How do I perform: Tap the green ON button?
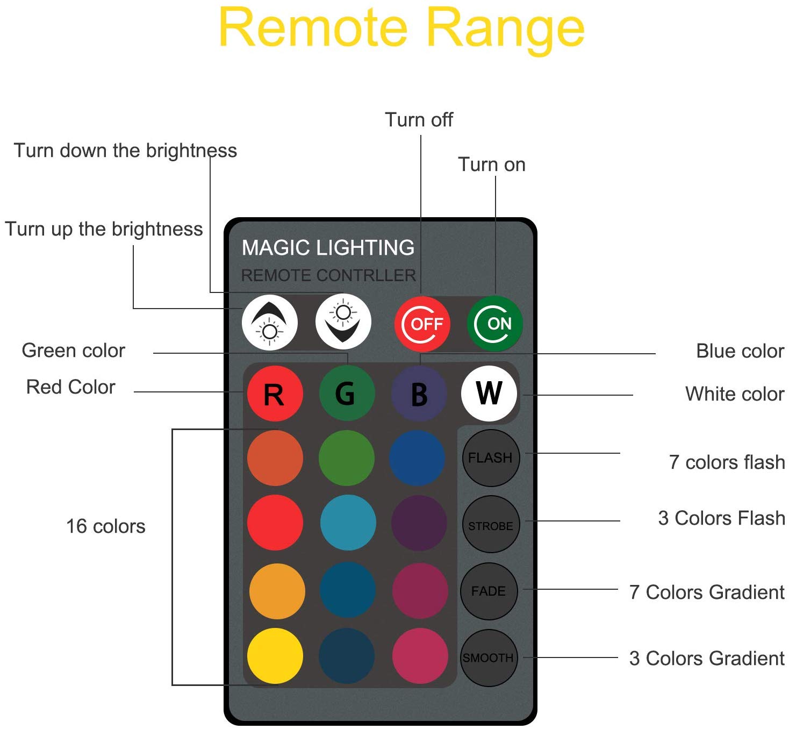tap(494, 323)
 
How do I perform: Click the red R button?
tap(275, 394)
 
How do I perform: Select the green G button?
tap(346, 394)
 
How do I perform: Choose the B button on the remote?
tap(419, 394)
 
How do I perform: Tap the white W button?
tap(489, 394)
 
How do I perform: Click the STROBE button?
tap(491, 524)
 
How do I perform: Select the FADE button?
tap(489, 591)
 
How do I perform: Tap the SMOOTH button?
tap(489, 657)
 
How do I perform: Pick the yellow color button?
tap(275, 656)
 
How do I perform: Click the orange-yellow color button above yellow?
tap(277, 591)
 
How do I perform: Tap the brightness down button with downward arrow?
tap(343, 322)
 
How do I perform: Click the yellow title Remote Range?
tap(401, 28)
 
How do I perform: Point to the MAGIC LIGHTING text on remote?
tap(328, 248)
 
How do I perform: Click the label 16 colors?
tap(105, 526)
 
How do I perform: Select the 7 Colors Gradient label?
tap(706, 592)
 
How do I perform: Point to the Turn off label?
tap(419, 119)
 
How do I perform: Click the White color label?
tap(734, 394)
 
